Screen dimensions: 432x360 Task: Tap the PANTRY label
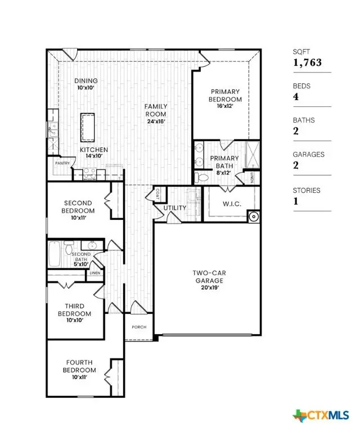62,163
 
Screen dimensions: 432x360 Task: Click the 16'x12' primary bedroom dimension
225,107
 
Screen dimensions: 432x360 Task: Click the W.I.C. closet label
232,204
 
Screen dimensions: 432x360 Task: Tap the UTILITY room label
175,208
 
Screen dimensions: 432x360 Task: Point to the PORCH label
139,327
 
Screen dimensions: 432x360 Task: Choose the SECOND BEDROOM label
78,206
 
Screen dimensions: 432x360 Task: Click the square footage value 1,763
307,62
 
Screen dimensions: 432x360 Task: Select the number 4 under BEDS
296,97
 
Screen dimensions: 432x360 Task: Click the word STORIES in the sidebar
307,190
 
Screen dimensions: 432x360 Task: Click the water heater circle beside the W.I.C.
254,215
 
